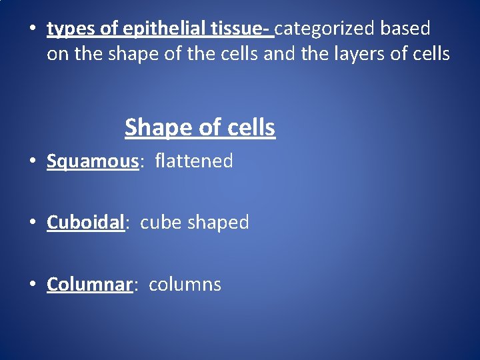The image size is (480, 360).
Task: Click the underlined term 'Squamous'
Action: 92,162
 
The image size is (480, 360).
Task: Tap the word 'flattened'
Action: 194,161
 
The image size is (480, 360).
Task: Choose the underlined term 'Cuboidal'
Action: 86,223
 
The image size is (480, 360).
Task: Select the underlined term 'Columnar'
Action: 90,285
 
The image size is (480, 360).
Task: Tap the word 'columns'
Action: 185,285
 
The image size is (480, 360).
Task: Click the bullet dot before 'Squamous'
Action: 33,162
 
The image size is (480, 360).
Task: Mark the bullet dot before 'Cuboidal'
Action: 33,223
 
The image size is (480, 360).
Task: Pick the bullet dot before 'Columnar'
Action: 33,285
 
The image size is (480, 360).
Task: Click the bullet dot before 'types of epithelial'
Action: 33,30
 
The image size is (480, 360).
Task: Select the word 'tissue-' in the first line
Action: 243,29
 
